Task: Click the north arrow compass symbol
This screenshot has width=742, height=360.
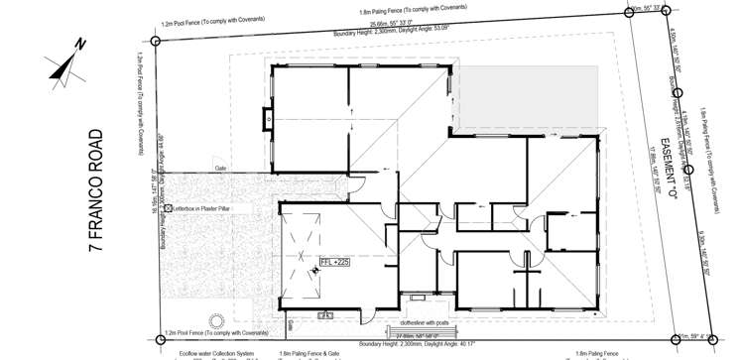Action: click(x=66, y=62)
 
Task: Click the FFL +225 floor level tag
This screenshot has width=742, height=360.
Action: click(x=334, y=262)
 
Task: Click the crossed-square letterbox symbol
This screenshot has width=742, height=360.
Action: click(x=169, y=209)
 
